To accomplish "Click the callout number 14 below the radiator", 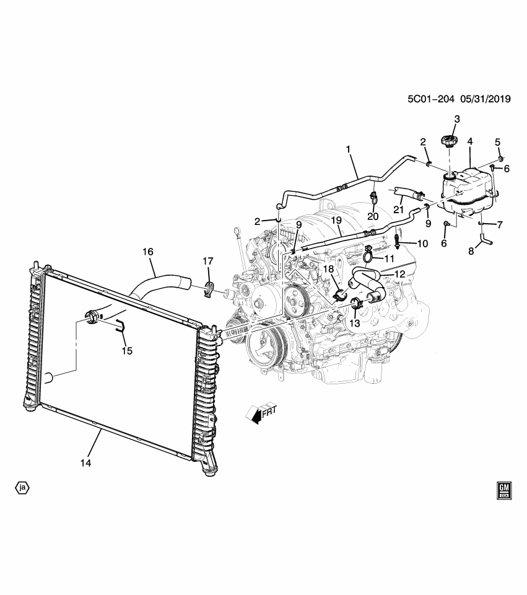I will pos(85,463).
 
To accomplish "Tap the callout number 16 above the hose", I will pos(147,252).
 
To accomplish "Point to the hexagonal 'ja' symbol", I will pos(23,488).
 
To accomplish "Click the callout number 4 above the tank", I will pos(470,142).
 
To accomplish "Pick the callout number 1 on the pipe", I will pos(348,149).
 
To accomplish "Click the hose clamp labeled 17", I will pos(209,288).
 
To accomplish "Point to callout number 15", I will pos(126,350).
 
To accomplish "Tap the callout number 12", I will pos(399,273).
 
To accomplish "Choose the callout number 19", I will pos(336,220).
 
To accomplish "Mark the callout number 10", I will pos(422,244).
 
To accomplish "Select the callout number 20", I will pos(372,216).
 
